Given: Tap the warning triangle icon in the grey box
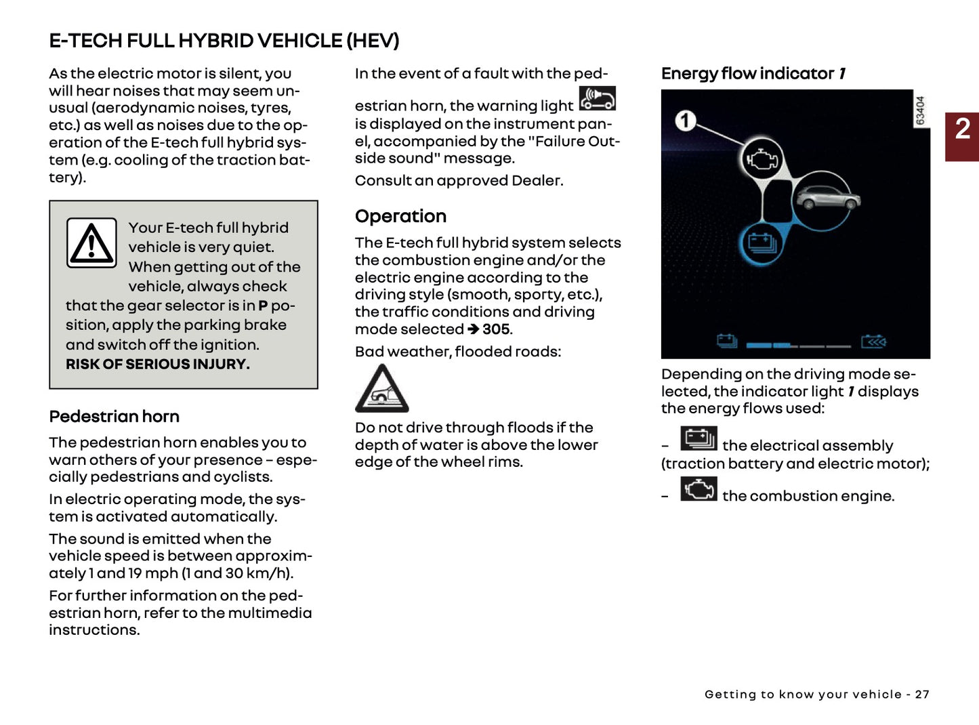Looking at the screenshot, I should [91, 243].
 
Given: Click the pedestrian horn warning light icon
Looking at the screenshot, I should [597, 99].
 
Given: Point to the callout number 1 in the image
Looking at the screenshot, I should [685, 121].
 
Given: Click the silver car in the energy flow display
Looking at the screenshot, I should [827, 199].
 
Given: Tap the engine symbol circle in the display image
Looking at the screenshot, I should [763, 160].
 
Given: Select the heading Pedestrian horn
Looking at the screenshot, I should [114, 417].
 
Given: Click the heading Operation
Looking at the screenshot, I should [400, 216].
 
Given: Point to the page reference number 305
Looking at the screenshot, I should [496, 329].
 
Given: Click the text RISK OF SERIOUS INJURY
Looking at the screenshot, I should [157, 365].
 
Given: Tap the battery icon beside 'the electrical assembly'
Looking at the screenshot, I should [699, 439].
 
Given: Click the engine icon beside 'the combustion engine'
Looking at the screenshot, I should [699, 489].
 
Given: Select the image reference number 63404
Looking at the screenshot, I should [920, 110].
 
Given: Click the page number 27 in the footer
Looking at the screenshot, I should [921, 695].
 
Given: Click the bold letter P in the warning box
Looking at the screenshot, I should [263, 306].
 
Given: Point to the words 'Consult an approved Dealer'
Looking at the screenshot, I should [459, 181].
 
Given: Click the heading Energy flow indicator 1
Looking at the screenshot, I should [753, 73].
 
